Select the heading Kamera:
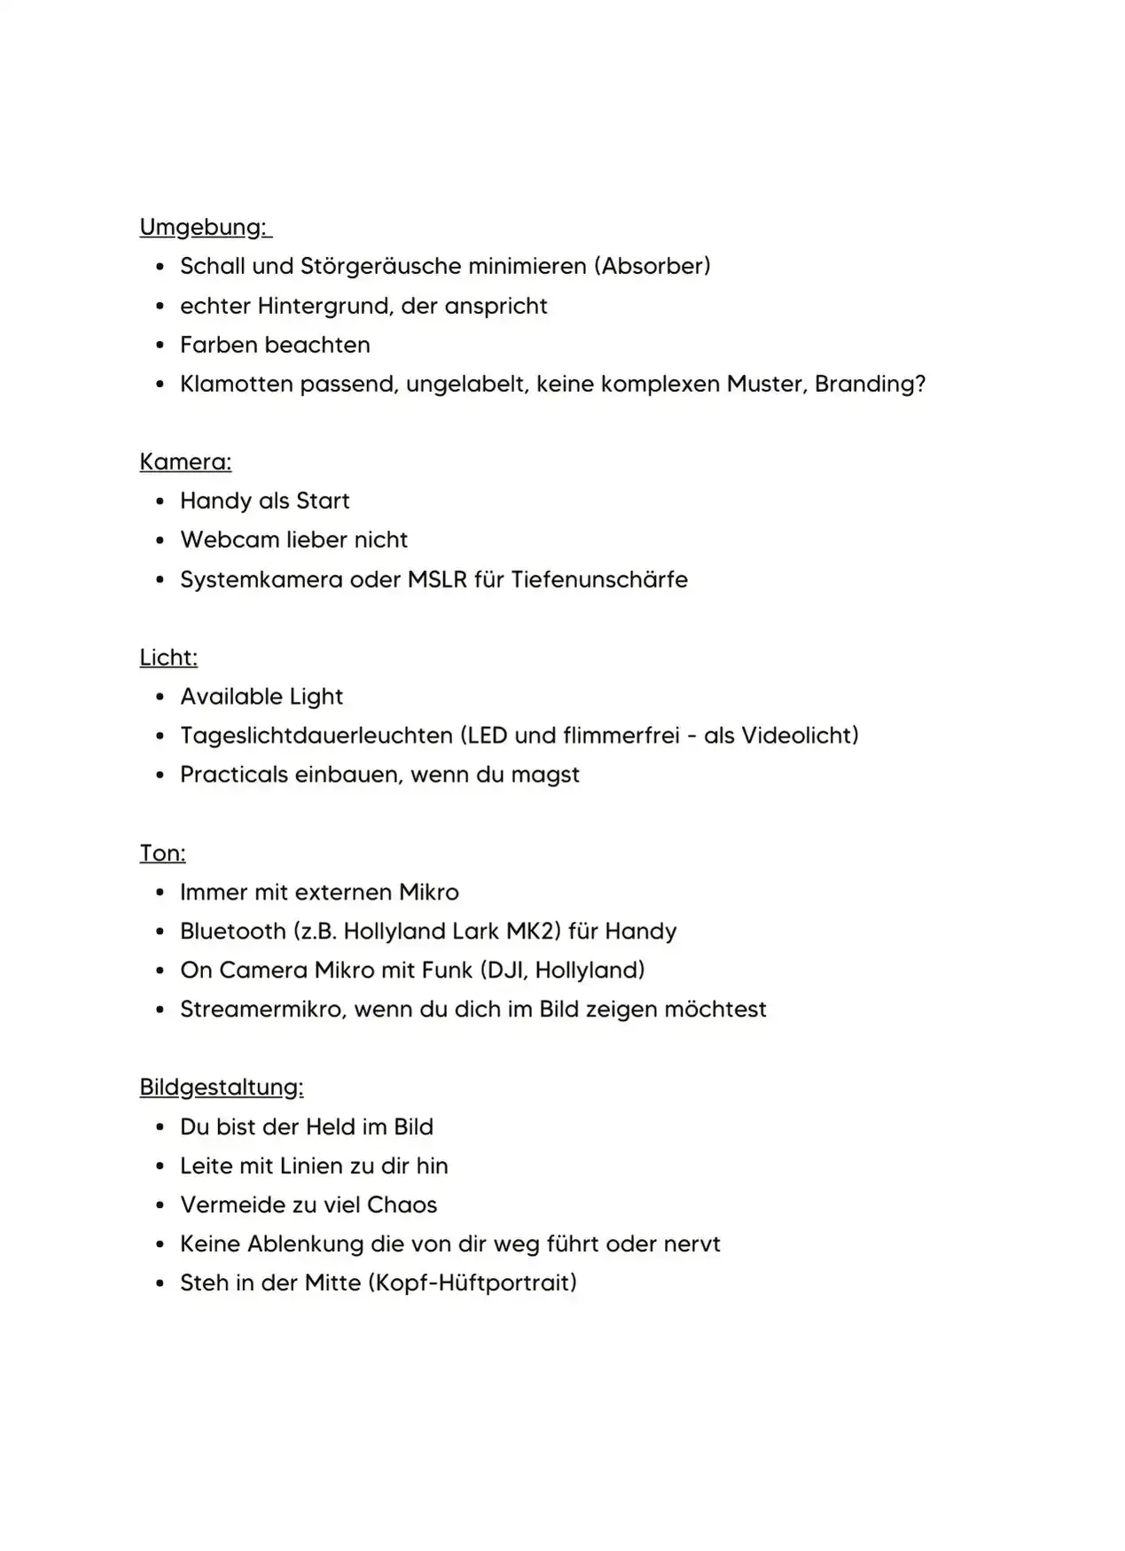[185, 462]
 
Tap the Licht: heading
[168, 658]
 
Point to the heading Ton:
[162, 853]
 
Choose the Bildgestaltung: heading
[221, 1087]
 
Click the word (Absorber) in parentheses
[652, 266]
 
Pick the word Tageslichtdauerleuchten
[316, 736]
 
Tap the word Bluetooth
[232, 931]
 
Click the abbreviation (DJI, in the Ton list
[504, 970]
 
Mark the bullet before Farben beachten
[160, 346]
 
